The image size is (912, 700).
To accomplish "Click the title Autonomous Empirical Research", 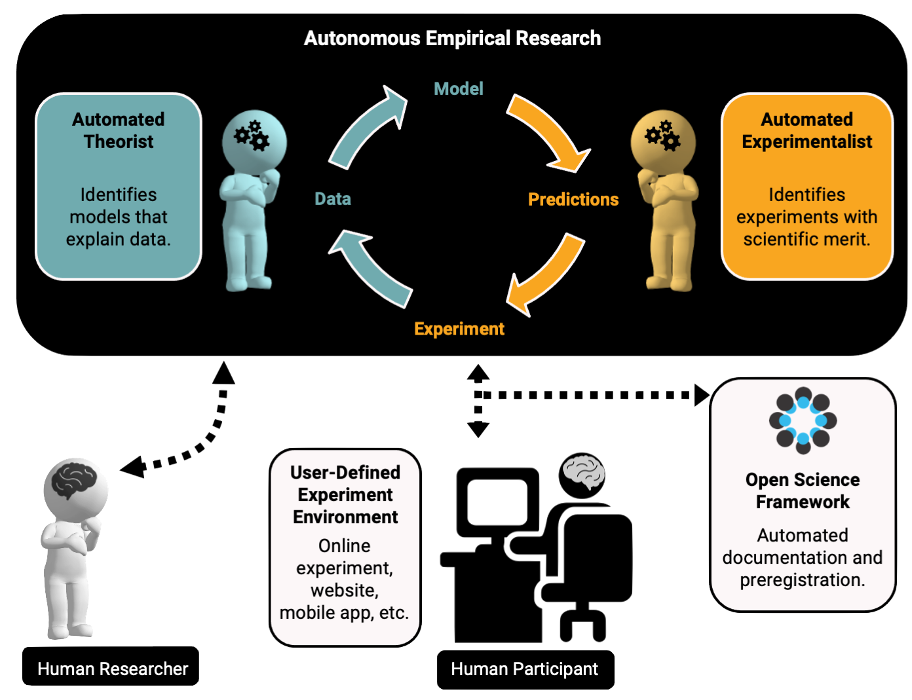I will click(452, 38).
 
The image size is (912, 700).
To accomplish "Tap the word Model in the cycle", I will click(459, 89).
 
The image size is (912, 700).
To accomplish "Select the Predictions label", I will click(573, 199).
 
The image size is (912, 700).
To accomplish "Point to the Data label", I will click(333, 199).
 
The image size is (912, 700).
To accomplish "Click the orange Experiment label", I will click(459, 329).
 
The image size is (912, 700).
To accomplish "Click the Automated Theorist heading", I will click(119, 130).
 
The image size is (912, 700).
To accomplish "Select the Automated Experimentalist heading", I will click(807, 130).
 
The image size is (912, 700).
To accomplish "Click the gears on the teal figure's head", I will click(252, 136).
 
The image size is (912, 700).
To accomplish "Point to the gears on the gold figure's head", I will click(663, 136).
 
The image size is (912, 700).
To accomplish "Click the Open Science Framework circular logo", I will click(803, 420).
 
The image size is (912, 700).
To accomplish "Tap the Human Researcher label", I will click(112, 669).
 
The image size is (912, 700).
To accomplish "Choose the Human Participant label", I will click(524, 669).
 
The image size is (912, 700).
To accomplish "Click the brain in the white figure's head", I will click(74, 481).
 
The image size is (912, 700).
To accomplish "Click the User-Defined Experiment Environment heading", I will click(345, 494).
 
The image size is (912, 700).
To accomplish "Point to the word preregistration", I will click(802, 580).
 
